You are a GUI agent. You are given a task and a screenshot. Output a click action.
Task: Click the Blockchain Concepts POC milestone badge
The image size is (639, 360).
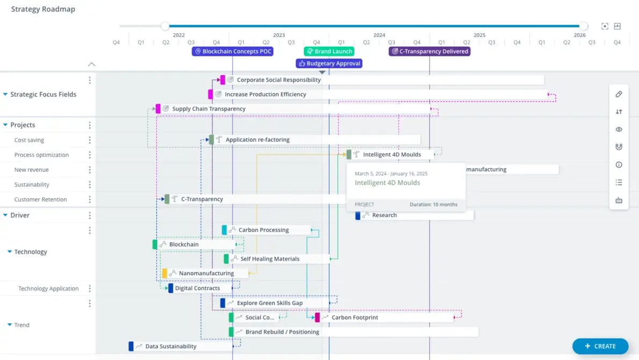[233, 52]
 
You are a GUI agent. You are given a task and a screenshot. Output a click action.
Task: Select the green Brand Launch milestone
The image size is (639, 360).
[329, 52]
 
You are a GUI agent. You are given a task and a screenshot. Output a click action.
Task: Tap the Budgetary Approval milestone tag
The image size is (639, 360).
[329, 63]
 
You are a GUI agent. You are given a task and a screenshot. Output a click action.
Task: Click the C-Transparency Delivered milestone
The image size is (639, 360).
[430, 52]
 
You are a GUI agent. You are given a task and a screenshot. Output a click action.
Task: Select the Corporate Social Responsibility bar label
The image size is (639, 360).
[279, 80]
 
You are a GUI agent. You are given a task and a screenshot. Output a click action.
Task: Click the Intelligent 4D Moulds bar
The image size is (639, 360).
[391, 155]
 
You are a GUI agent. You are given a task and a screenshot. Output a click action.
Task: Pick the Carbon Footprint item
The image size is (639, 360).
[354, 318]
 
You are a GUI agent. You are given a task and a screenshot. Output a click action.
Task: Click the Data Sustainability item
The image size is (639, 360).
[170, 347]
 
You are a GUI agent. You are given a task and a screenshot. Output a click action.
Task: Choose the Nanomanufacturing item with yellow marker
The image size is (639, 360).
[206, 273]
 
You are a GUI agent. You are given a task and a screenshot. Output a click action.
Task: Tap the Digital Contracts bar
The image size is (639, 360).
[197, 289]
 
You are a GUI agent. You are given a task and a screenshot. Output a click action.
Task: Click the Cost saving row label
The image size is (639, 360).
[29, 140]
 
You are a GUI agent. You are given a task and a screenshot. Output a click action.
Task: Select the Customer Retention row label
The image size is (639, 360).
[40, 199]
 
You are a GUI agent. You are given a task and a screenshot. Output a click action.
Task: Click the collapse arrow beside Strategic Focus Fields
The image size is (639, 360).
[5, 95]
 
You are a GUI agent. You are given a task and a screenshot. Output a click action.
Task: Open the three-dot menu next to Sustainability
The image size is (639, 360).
[90, 185]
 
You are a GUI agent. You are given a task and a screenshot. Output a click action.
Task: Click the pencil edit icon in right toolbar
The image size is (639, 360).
[619, 95]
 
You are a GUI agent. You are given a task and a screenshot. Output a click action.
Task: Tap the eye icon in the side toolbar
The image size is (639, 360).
[619, 129]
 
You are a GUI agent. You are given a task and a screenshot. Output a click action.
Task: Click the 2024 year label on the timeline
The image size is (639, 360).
[379, 35]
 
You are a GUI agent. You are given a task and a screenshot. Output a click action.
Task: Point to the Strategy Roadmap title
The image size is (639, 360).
[43, 9]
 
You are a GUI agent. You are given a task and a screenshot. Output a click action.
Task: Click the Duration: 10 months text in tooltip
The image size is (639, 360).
[433, 205]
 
